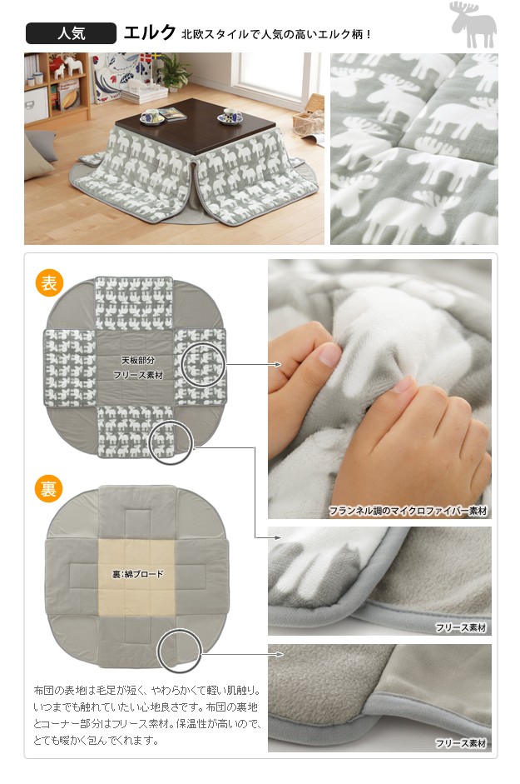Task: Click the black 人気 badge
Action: click(x=71, y=33)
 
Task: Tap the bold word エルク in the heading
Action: click(x=150, y=33)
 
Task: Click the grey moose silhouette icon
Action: click(x=473, y=24)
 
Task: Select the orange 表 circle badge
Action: click(x=49, y=283)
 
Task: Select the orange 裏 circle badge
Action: click(x=48, y=488)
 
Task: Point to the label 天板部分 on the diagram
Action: click(x=138, y=360)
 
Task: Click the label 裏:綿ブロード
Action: click(x=137, y=574)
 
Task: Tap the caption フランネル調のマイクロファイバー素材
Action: click(x=408, y=511)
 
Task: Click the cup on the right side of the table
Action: click(x=230, y=116)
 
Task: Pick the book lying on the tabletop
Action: click(x=173, y=114)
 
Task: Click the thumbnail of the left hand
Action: click(x=329, y=355)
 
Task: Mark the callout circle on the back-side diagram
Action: click(x=180, y=651)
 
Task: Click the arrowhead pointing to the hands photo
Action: click(x=278, y=364)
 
